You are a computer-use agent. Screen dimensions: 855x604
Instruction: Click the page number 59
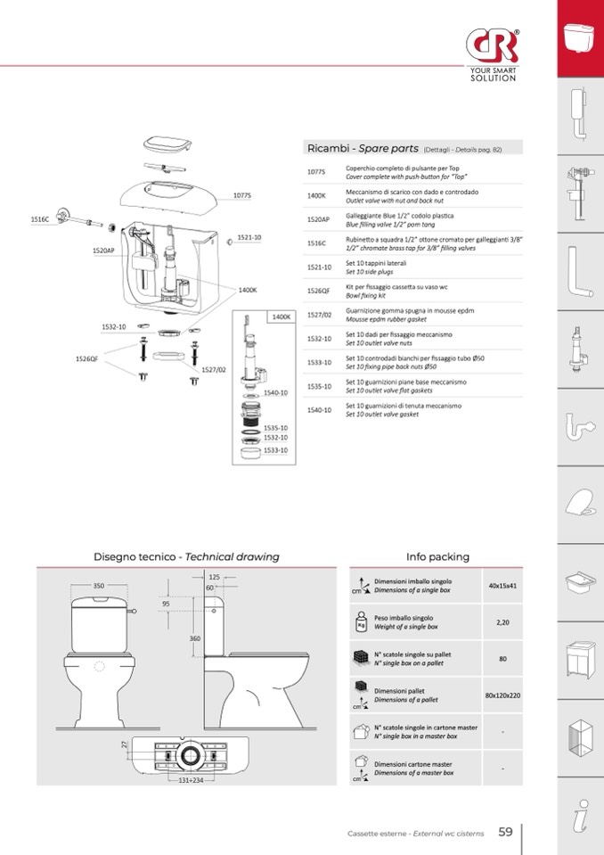(505, 832)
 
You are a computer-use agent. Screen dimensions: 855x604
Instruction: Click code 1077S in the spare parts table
(316, 171)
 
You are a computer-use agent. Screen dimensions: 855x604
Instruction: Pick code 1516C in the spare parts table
(316, 243)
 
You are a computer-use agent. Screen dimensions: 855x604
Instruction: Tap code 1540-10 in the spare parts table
(319, 410)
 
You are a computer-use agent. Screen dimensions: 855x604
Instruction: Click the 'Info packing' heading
(437, 556)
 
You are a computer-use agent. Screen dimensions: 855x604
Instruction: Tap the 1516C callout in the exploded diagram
(39, 218)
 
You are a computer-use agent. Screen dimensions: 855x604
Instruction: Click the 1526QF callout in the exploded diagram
(86, 359)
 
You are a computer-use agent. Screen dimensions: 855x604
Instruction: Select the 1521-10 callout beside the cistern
(249, 238)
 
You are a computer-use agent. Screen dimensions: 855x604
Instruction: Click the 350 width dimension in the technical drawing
(98, 586)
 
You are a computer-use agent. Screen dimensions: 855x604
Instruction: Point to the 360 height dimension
(194, 638)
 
